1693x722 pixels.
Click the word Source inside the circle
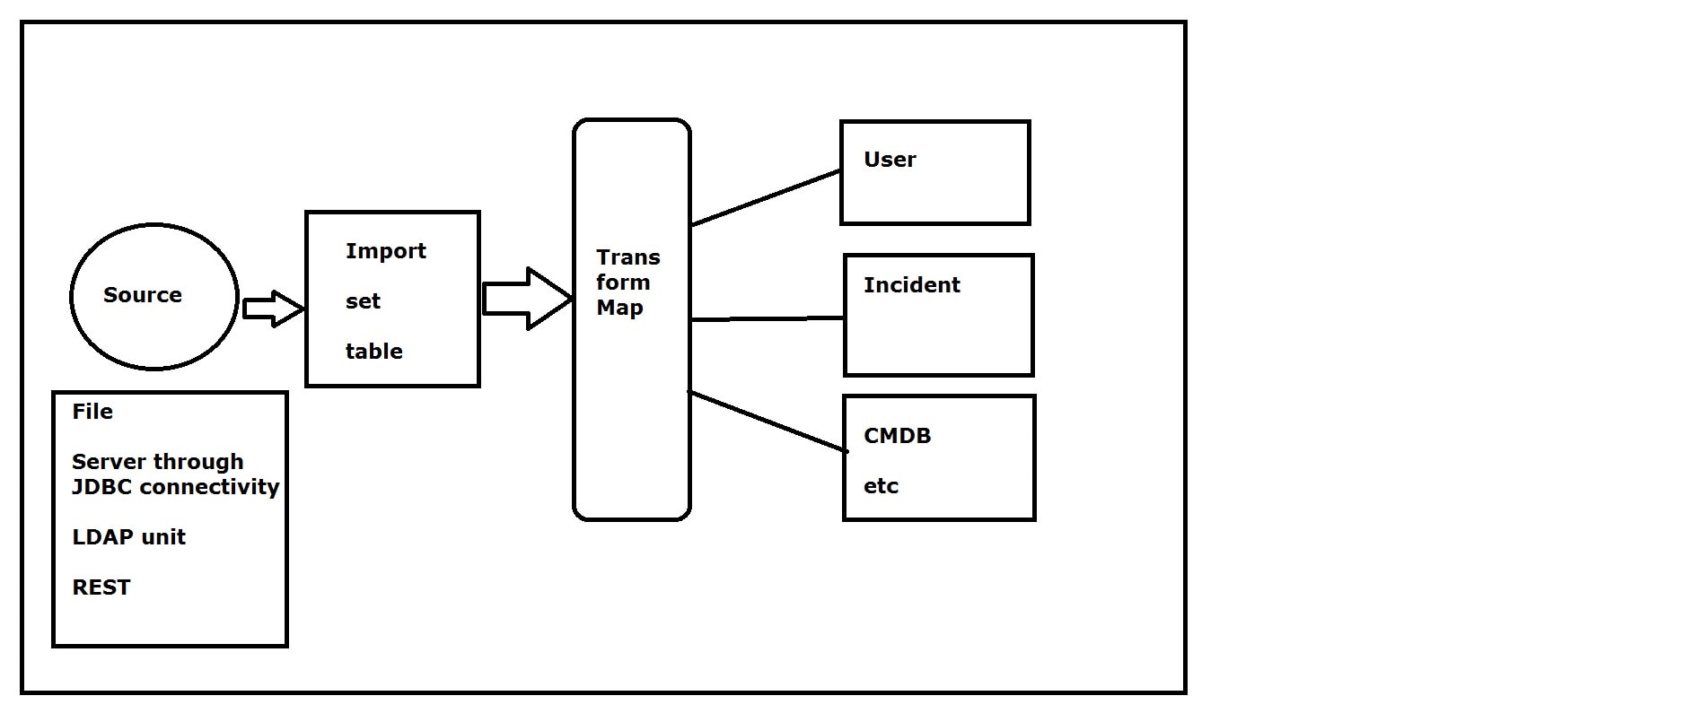pyautogui.click(x=142, y=295)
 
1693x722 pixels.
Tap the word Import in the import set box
pyautogui.click(x=385, y=251)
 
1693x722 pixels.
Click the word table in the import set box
pyautogui.click(x=373, y=352)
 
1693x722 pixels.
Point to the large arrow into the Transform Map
pyautogui.click(x=526, y=299)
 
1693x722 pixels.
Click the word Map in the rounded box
pyautogui.click(x=619, y=308)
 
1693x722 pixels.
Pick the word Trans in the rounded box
pyautogui.click(x=627, y=257)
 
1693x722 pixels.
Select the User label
pyautogui.click(x=889, y=160)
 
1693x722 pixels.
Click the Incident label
pyautogui.click(x=911, y=285)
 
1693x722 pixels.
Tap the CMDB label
pyautogui.click(x=897, y=436)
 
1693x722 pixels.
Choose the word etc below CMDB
pyautogui.click(x=881, y=486)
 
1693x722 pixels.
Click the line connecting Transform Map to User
pyautogui.click(x=766, y=198)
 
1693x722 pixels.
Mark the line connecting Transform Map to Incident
pyautogui.click(x=768, y=318)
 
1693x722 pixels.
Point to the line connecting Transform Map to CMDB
pyautogui.click(x=768, y=422)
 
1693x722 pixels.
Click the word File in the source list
pyautogui.click(x=92, y=412)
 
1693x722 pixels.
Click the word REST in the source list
pyautogui.click(x=101, y=587)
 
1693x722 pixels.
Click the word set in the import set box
pyautogui.click(x=363, y=301)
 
